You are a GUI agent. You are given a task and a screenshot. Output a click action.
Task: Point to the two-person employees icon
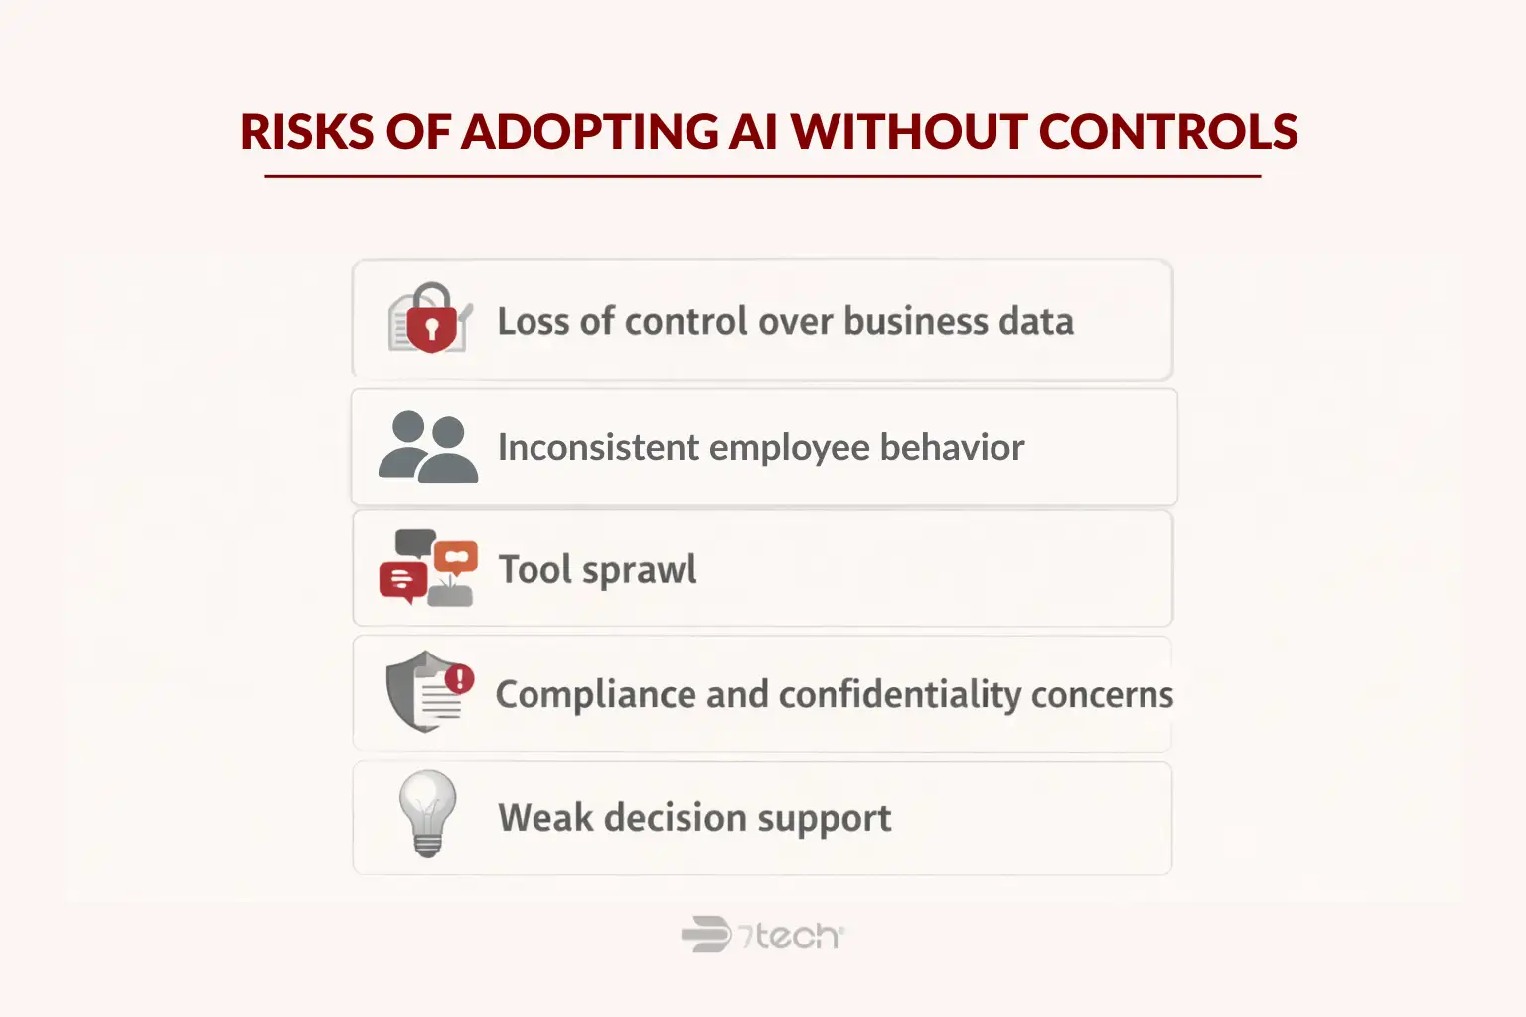point(427,447)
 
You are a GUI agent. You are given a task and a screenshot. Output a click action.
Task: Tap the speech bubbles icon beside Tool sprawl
point(428,568)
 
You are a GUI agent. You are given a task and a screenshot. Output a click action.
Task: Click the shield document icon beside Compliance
point(428,692)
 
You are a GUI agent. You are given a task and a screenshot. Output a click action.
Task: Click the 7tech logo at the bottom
point(762,935)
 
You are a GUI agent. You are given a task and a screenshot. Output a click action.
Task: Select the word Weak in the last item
point(544,818)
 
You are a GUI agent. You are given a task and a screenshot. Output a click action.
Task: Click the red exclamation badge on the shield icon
point(459,679)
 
